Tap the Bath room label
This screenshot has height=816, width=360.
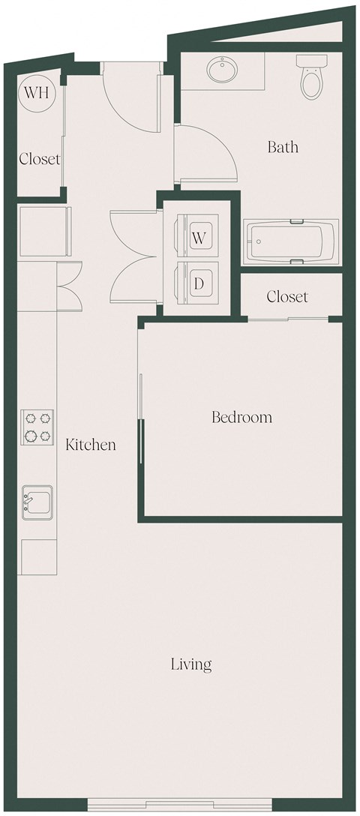pyautogui.click(x=283, y=147)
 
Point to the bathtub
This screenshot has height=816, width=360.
pyautogui.click(x=292, y=241)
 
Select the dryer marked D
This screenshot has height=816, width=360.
pyautogui.click(x=199, y=283)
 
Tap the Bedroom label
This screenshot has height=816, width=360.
pyautogui.click(x=241, y=418)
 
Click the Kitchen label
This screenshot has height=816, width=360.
pyautogui.click(x=91, y=445)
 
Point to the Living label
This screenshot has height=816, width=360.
pyautogui.click(x=191, y=664)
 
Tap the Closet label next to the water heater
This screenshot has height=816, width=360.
pyautogui.click(x=40, y=159)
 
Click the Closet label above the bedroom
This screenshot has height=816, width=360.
pyautogui.click(x=287, y=297)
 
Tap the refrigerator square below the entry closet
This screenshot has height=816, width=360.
pyautogui.click(x=43, y=230)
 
